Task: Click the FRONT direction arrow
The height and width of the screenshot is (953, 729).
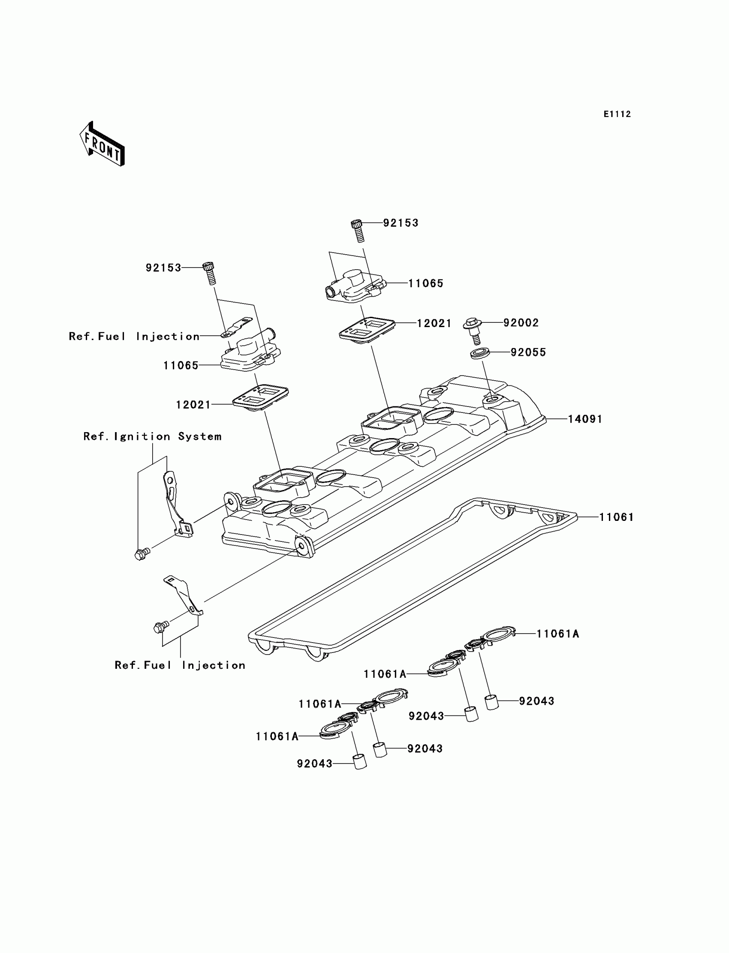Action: [102, 144]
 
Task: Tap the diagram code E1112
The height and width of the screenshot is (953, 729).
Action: [617, 114]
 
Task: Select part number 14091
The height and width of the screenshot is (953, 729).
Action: [585, 419]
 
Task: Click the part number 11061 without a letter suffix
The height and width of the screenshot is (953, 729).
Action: [616, 517]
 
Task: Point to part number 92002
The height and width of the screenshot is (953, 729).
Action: [521, 323]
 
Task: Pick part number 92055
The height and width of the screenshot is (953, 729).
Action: [527, 352]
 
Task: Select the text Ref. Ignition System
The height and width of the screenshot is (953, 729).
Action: [152, 436]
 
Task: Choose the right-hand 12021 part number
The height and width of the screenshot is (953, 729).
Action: [434, 323]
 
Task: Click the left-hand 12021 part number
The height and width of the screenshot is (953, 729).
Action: [193, 405]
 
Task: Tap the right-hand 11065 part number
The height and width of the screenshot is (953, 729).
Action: [426, 283]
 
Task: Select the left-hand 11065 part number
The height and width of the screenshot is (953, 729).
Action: [181, 366]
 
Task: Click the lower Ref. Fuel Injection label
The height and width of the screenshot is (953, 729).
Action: [180, 665]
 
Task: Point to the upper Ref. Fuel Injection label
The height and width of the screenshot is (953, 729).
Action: [134, 337]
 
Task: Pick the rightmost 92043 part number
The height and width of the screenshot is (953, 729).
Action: [536, 701]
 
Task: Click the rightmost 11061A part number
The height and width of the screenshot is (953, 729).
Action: [557, 634]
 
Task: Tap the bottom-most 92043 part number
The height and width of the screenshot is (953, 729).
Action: [314, 764]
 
